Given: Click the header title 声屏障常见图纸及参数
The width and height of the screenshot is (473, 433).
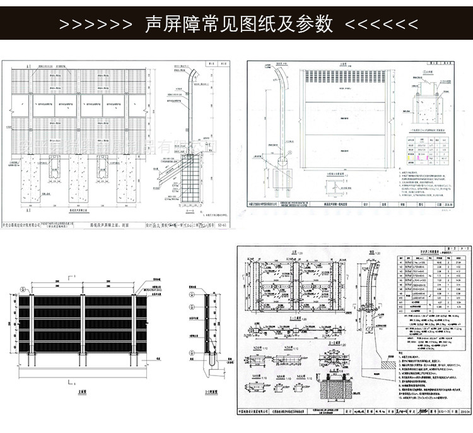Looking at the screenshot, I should coord(238,23).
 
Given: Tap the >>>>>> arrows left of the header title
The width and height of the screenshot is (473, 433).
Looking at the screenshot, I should coord(95,24).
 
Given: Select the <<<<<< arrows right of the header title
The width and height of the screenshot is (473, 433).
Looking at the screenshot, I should coord(381,24).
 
